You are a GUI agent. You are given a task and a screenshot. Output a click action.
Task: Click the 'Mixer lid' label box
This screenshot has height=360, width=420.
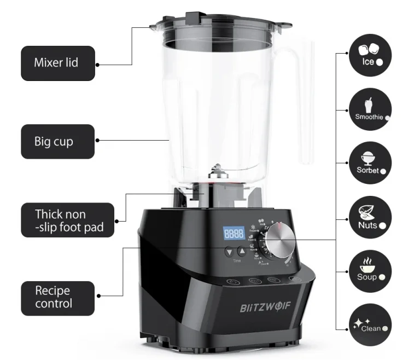tap(57, 63)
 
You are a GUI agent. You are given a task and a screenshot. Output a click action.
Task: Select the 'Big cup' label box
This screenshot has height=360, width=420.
tap(57, 141)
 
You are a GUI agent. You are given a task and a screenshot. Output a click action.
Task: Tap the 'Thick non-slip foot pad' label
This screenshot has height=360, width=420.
tap(67, 220)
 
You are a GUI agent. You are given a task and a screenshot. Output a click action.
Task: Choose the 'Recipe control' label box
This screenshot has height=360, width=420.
tap(57, 296)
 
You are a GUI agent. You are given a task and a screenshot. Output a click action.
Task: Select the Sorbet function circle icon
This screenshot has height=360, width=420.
tap(370, 163)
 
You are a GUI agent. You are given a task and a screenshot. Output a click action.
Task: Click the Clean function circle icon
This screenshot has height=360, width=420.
tap(370, 324)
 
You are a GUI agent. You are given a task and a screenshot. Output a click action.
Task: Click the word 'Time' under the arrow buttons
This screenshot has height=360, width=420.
tap(236, 261)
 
